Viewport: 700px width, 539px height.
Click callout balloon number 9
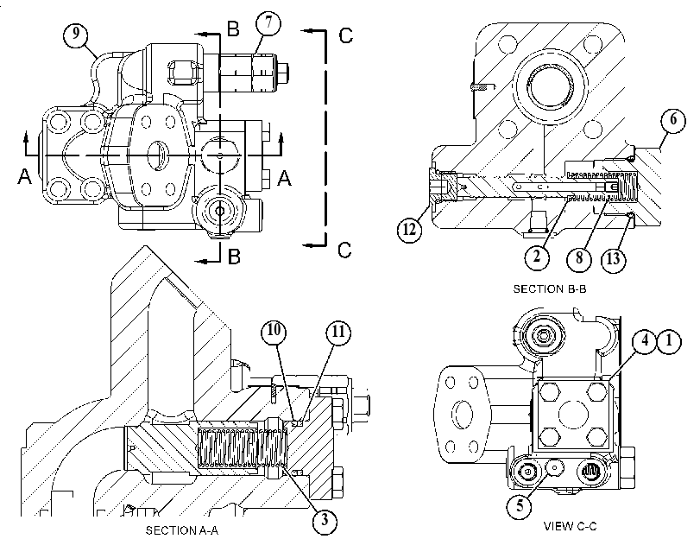[76, 34]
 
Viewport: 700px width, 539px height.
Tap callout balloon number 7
[268, 22]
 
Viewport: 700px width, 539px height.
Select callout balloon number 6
[672, 120]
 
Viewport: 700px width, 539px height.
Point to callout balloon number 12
[409, 229]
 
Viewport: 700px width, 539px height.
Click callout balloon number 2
[537, 257]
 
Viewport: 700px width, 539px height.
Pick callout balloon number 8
[579, 258]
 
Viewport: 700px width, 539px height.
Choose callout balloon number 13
[614, 258]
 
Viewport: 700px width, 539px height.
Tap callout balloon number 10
[274, 331]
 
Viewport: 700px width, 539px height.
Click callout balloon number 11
[338, 332]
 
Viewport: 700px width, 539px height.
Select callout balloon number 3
[325, 520]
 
